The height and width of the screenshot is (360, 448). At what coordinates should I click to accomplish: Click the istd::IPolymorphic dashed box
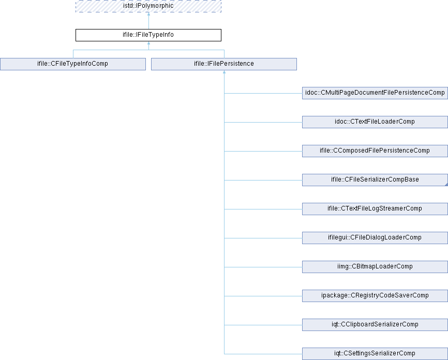point(148,6)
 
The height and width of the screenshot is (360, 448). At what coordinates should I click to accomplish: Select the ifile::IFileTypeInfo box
point(148,35)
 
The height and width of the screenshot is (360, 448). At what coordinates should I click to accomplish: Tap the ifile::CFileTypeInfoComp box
point(73,64)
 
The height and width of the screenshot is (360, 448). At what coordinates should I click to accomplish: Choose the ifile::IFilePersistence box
point(224,64)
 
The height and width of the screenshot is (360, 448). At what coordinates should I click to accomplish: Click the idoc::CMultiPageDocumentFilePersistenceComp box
point(375,93)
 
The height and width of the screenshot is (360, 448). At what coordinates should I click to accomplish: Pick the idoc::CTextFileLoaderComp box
point(375,122)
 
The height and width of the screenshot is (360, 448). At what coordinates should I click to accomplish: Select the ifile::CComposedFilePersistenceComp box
point(375,151)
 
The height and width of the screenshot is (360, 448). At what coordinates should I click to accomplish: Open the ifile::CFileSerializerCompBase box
point(375,180)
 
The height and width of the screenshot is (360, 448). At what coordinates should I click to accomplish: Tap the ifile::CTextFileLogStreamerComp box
point(375,209)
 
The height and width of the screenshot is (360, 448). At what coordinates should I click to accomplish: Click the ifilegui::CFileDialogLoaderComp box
point(375,238)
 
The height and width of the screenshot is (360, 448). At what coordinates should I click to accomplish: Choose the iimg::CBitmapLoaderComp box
point(375,267)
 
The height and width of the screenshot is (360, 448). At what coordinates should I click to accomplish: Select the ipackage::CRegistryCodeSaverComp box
point(375,296)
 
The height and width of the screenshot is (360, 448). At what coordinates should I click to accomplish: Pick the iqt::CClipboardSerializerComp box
point(375,325)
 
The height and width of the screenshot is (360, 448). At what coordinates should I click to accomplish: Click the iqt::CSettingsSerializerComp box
point(375,354)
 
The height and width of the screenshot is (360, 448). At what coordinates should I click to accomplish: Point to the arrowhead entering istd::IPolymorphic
point(148,14)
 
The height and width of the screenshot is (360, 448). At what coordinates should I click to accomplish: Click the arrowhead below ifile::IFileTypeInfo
point(148,43)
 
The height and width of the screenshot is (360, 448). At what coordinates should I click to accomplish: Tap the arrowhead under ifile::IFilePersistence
point(225,72)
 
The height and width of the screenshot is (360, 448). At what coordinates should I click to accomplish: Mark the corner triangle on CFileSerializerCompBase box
point(446,185)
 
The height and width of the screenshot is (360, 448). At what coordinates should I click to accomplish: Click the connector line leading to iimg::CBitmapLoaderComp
point(263,267)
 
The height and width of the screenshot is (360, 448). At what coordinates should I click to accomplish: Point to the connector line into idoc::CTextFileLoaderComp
point(263,122)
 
